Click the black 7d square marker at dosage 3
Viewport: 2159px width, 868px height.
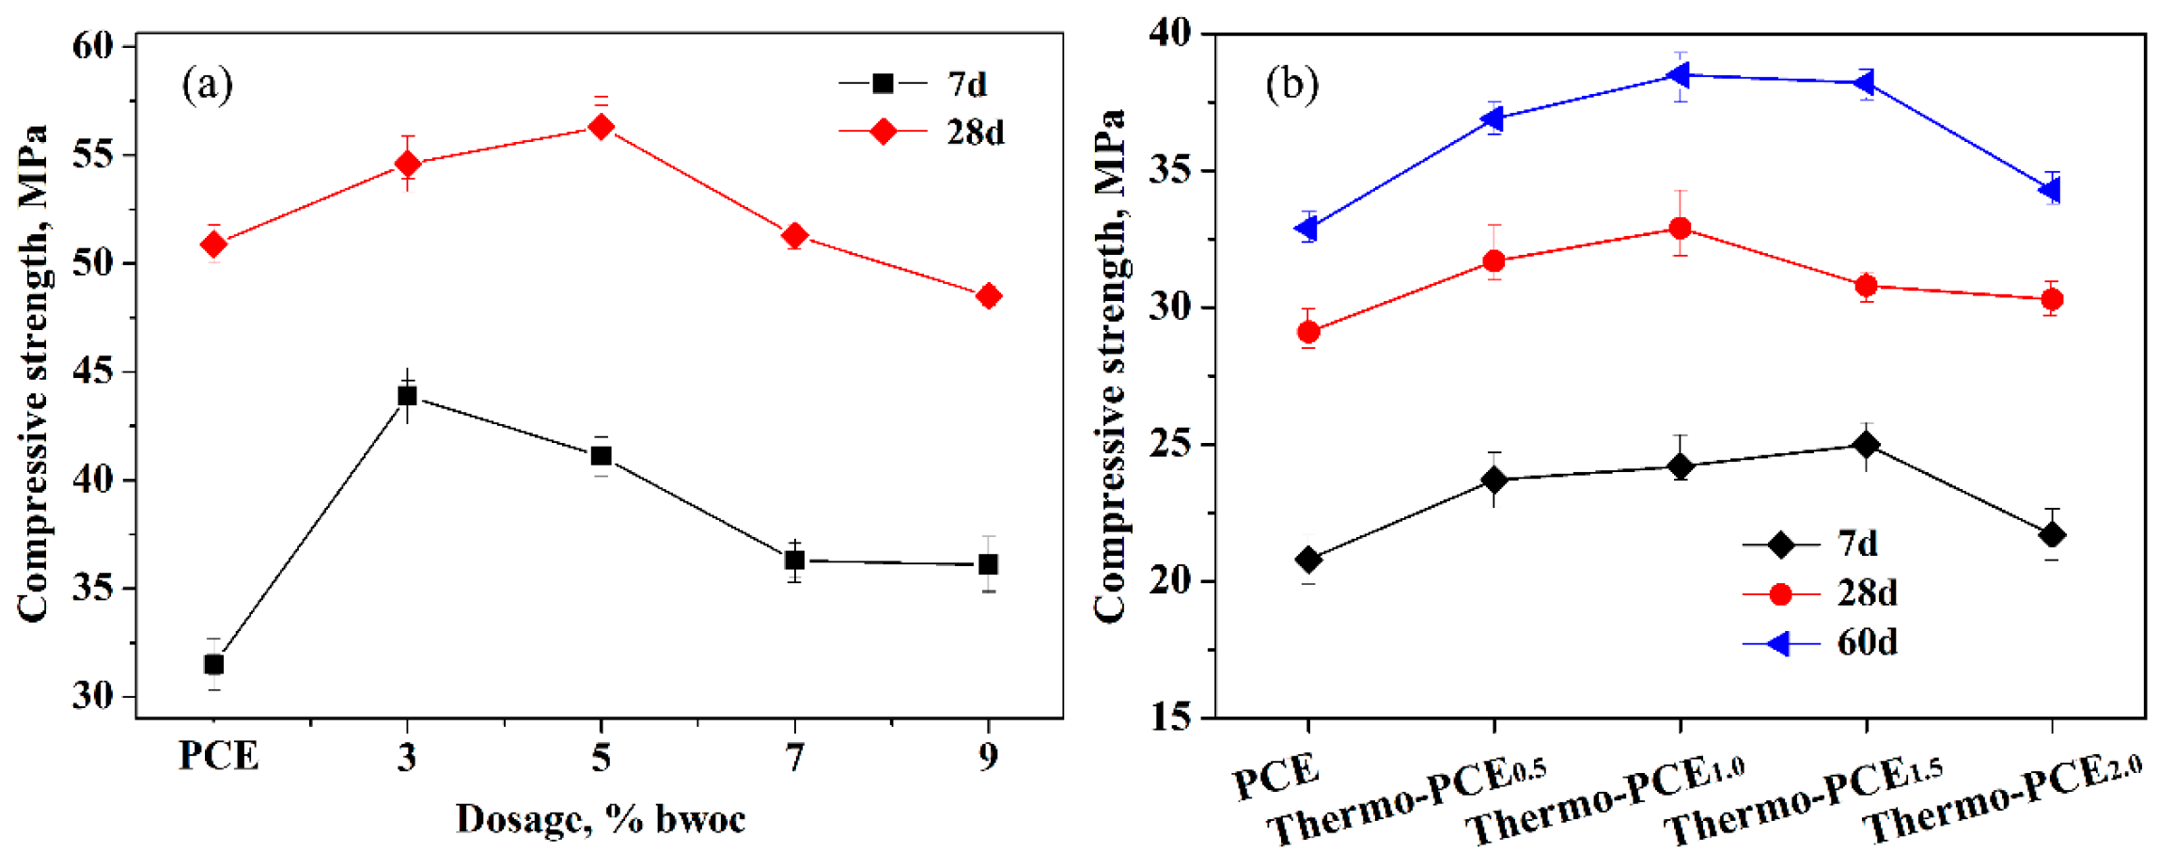tap(407, 396)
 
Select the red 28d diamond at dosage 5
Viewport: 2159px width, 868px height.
tap(602, 127)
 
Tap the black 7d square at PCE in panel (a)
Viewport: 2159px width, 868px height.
tap(214, 665)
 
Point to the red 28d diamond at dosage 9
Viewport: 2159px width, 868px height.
tap(988, 296)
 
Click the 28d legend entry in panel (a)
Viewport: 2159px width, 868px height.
tap(921, 133)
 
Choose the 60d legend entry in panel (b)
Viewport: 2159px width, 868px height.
tap(1819, 643)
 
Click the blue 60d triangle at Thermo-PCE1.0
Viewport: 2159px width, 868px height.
tap(1679, 75)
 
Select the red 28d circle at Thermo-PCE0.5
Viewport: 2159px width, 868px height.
tap(1494, 261)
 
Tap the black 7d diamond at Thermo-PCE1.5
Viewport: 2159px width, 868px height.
tap(1867, 445)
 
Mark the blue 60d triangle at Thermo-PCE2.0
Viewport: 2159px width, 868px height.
tap(2050, 190)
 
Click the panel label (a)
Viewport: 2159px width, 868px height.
tap(207, 86)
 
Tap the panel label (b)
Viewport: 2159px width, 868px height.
tap(1291, 86)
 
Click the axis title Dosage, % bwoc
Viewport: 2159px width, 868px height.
tap(601, 819)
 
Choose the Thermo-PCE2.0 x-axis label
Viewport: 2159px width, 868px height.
tap(2002, 799)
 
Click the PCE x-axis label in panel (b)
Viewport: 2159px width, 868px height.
tap(1276, 776)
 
